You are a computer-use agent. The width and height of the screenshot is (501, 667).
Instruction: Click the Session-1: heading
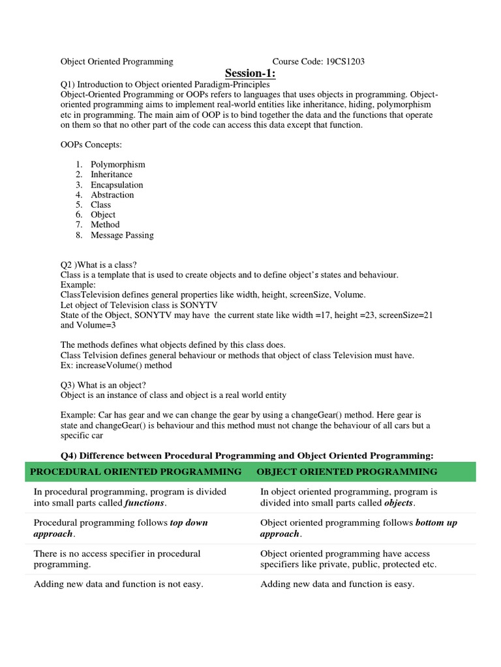[x=251, y=73]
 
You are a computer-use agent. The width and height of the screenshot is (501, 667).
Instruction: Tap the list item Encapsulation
[x=117, y=184]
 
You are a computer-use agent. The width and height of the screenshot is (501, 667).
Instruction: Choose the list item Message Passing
[x=122, y=235]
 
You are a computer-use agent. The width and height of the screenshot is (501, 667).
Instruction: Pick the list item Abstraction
[x=112, y=195]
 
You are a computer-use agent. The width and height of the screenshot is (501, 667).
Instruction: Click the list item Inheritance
[x=112, y=175]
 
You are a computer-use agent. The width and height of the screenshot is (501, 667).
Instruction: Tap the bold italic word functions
[x=145, y=504]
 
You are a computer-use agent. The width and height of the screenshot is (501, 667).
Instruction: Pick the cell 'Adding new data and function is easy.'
[x=337, y=584]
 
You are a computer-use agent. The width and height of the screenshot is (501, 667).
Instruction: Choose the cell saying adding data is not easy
[x=118, y=584]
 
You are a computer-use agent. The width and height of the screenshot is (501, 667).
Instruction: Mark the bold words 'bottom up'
[x=436, y=523]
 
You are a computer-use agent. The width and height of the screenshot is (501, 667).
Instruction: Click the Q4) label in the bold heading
[x=70, y=455]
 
